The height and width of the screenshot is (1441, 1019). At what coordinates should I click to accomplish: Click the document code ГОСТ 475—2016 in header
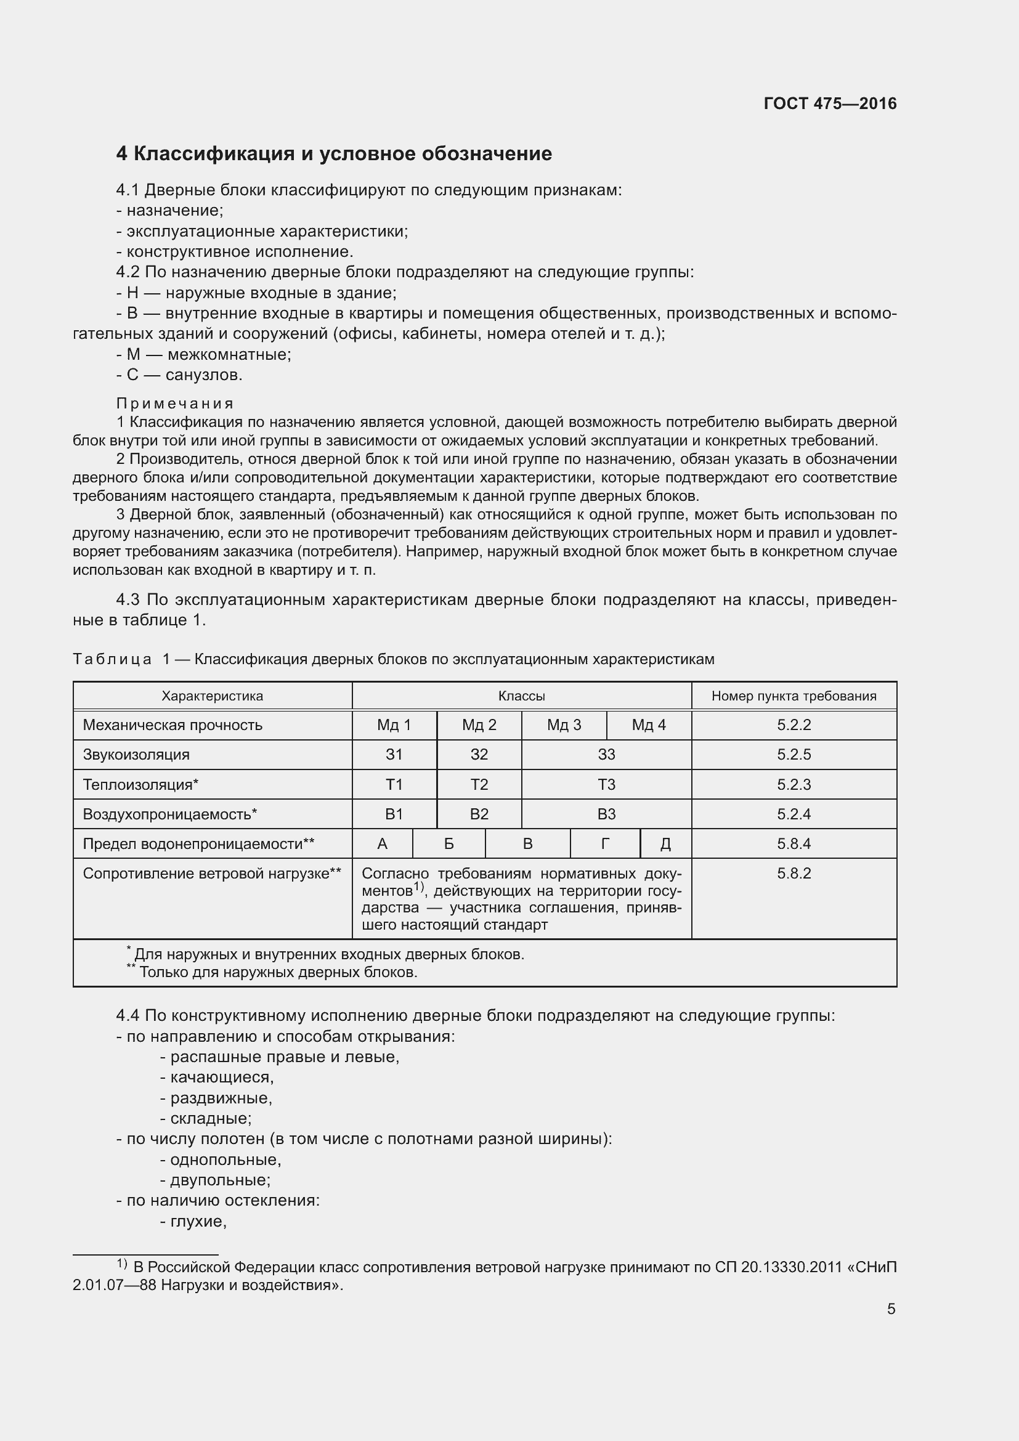coord(829,104)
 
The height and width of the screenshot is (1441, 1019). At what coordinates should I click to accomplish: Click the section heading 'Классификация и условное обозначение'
coord(334,154)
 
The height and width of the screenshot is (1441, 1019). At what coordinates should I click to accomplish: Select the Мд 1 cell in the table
coord(394,725)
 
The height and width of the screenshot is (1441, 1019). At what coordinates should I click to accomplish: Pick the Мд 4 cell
coord(648,725)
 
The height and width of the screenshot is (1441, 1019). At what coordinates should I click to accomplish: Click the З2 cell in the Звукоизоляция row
coord(479,755)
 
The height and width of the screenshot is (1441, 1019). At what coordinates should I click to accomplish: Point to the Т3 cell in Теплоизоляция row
coord(606,784)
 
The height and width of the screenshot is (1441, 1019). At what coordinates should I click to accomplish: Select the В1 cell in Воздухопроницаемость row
coord(394,814)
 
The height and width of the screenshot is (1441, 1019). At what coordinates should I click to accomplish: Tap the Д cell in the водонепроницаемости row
coord(666,843)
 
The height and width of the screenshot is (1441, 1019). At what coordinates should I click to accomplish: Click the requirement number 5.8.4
coord(794,843)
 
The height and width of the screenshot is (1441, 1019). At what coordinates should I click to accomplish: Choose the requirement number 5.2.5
coord(794,755)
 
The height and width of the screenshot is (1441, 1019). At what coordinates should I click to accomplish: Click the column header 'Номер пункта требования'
coord(794,696)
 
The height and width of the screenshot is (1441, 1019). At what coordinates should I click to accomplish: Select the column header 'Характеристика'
coord(212,696)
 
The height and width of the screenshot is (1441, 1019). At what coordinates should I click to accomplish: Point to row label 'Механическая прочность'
coord(173,725)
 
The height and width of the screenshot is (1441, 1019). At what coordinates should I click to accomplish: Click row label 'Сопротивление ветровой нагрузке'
coord(211,874)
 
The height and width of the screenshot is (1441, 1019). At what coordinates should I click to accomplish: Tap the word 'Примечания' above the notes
coord(175,404)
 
